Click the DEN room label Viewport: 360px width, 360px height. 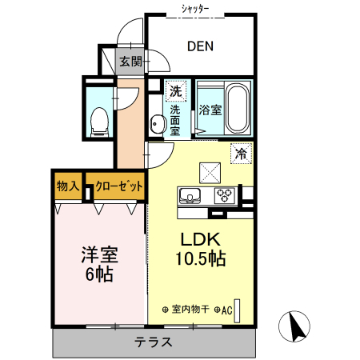[200, 46]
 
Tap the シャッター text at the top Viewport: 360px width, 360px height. [195, 10]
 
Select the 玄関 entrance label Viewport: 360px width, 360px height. [131, 62]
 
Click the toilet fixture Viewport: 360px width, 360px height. [100, 122]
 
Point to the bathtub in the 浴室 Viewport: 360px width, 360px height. [238, 109]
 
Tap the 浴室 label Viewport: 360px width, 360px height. [210, 110]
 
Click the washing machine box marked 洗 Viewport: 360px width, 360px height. [176, 91]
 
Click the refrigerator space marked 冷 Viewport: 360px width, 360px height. [241, 154]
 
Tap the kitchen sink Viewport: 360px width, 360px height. [190, 196]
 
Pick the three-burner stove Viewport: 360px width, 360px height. [225, 195]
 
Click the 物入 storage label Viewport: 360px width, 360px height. [68, 186]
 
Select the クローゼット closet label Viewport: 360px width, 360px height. [119, 186]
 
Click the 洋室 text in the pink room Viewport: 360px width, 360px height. [100, 255]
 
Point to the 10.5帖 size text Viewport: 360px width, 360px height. [201, 258]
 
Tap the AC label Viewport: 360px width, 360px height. [226, 310]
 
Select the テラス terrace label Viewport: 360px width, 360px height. [154, 342]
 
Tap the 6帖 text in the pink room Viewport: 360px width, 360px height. [99, 274]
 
